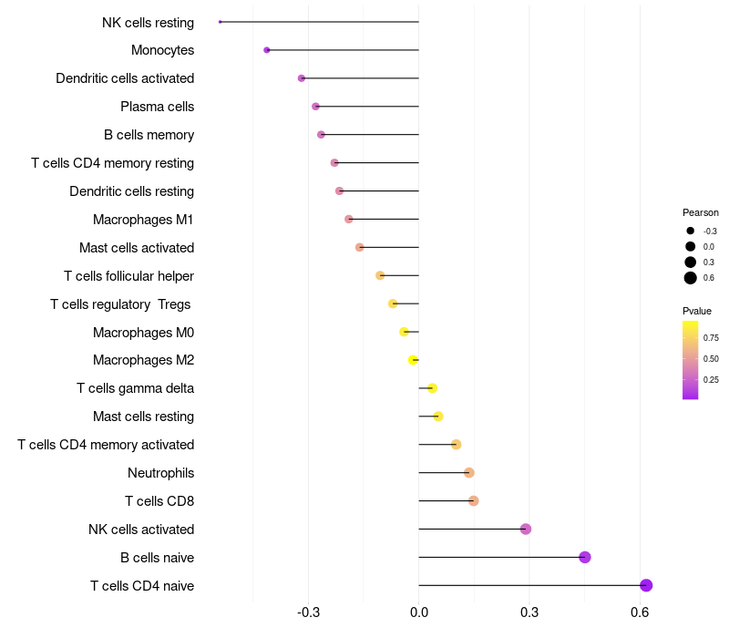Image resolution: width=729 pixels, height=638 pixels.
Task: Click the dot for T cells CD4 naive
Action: click(x=646, y=585)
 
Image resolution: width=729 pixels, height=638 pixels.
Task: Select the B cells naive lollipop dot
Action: click(x=585, y=557)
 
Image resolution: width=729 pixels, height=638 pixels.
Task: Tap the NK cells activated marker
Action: click(x=526, y=529)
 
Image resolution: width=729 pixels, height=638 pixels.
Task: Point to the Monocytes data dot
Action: click(x=266, y=50)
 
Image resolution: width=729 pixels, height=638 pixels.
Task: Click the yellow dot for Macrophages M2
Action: click(x=414, y=360)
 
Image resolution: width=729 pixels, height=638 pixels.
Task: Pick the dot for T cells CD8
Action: click(x=474, y=500)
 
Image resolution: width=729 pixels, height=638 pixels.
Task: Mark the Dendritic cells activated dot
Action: click(x=302, y=78)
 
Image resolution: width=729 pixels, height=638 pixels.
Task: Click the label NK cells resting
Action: click(x=148, y=22)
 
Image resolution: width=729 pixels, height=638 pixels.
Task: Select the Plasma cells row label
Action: click(x=157, y=107)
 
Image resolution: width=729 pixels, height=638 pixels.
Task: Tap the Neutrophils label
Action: click(x=160, y=473)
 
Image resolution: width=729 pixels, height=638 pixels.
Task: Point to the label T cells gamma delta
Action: click(x=135, y=388)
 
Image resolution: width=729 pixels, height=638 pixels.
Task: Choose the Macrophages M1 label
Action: click(x=143, y=220)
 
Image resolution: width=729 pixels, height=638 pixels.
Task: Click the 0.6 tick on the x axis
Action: click(x=640, y=611)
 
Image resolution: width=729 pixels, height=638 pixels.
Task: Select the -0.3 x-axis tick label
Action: click(x=308, y=611)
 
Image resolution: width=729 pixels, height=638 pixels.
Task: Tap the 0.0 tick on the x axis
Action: click(x=419, y=611)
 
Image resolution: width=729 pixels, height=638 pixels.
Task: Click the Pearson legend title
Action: click(x=701, y=212)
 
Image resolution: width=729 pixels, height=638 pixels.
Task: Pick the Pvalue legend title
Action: click(x=697, y=311)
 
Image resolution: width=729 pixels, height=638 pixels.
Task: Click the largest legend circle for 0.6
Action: click(x=691, y=278)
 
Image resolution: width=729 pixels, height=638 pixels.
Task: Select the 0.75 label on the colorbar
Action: click(x=711, y=337)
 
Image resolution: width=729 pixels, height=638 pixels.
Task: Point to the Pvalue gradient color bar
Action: click(x=691, y=359)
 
